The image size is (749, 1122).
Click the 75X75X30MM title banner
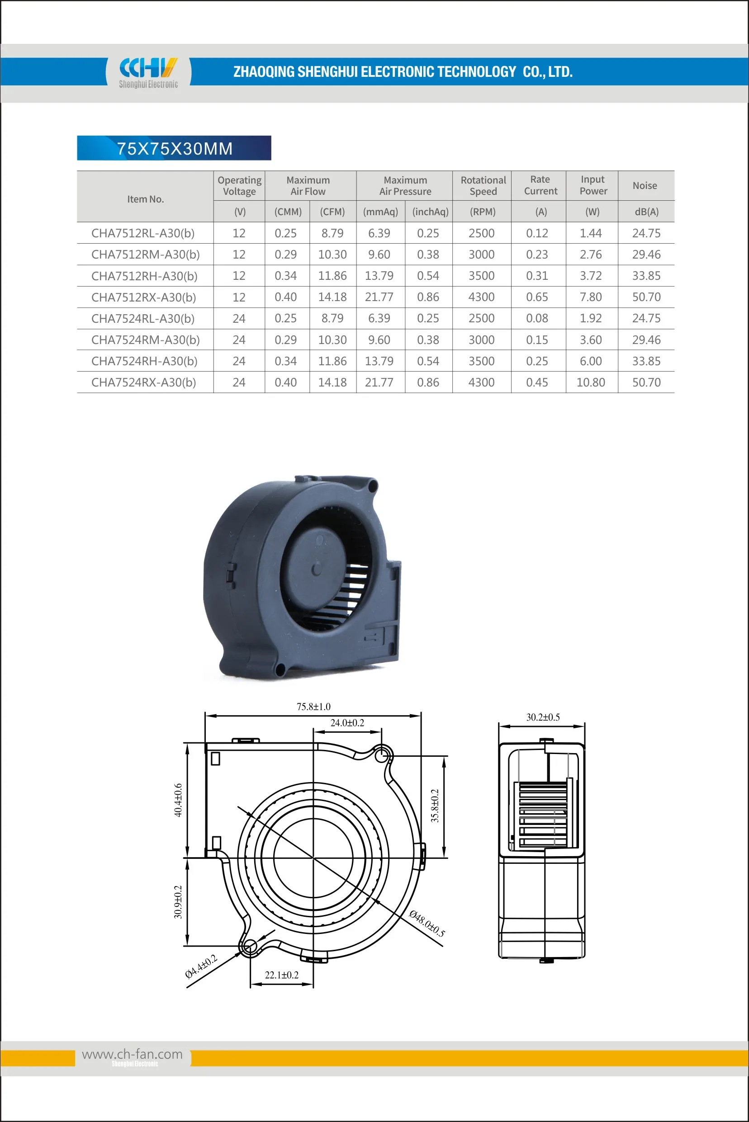[174, 148]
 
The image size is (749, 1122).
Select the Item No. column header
[145, 199]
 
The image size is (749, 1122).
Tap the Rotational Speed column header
[483, 186]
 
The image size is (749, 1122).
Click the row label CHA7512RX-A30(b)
[144, 297]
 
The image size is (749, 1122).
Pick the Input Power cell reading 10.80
[590, 382]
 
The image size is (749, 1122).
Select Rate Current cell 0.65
[536, 297]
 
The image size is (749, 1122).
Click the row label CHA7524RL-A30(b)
[143, 318]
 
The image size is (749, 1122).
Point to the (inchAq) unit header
[430, 212]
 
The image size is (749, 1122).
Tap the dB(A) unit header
[646, 212]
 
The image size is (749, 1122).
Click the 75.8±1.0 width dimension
[313, 707]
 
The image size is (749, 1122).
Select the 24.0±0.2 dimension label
[347, 723]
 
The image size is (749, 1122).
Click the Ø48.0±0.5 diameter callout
[427, 924]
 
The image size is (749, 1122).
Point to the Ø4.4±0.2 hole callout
[201, 966]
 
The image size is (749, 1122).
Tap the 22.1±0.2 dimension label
[281, 975]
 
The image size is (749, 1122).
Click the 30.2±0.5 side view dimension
[543, 717]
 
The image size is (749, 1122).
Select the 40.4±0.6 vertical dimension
[178, 800]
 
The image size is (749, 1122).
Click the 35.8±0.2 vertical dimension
[434, 806]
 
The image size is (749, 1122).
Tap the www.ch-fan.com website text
[133, 1054]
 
